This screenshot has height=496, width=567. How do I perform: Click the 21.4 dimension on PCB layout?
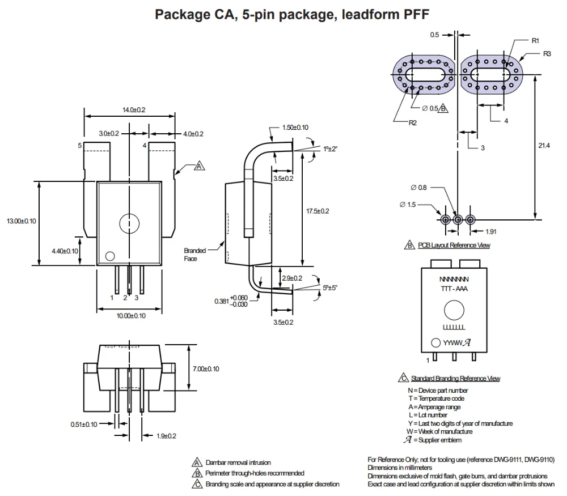[544, 146]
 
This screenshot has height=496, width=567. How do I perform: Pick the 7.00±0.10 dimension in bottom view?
[206, 369]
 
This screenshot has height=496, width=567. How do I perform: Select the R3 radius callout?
[547, 53]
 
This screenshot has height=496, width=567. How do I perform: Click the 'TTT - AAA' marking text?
[454, 289]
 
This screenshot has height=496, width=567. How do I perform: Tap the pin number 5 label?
[80, 146]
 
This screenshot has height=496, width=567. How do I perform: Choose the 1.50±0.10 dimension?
[295, 128]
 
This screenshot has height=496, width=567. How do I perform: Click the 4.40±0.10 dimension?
[64, 250]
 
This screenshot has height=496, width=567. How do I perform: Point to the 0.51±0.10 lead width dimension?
[84, 423]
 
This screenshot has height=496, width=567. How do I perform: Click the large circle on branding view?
[454, 310]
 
